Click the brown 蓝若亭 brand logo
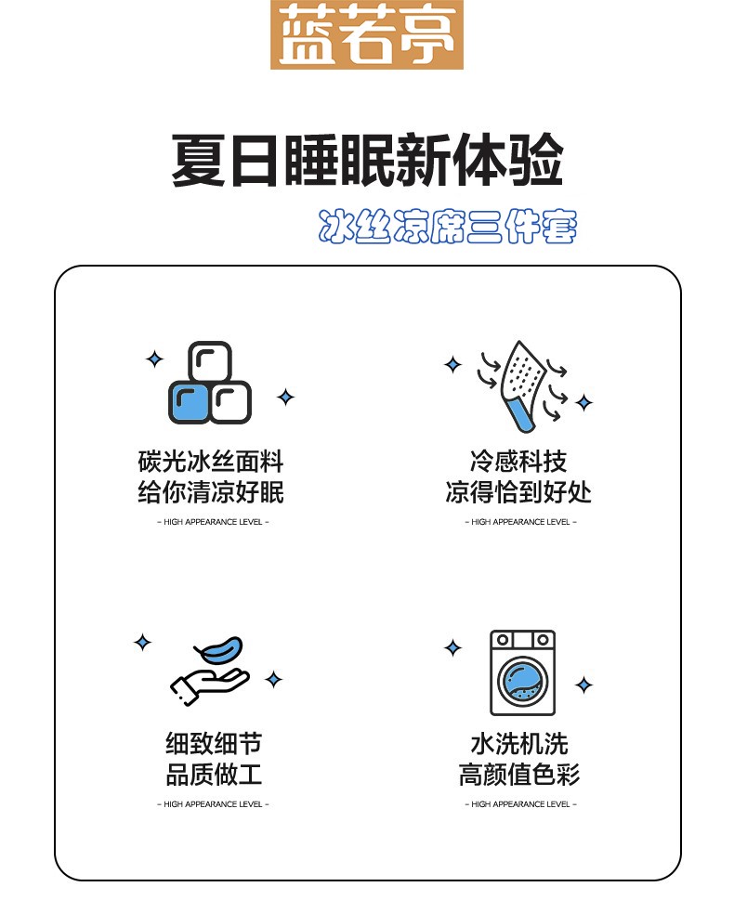point(366,34)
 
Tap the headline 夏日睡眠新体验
point(367,161)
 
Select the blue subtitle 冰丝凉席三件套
point(448,226)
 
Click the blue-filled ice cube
point(189,402)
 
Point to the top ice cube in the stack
point(210,361)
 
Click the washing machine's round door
point(522,680)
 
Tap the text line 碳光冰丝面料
point(211,462)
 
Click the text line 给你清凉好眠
point(211,492)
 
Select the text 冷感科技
point(518,462)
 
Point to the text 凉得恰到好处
point(518,492)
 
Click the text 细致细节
point(214,744)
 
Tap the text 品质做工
point(214,775)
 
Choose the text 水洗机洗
point(519,744)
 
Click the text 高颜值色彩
point(519,775)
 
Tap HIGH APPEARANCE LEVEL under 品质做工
point(213,804)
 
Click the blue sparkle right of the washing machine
point(583,685)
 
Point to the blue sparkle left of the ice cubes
point(155,359)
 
